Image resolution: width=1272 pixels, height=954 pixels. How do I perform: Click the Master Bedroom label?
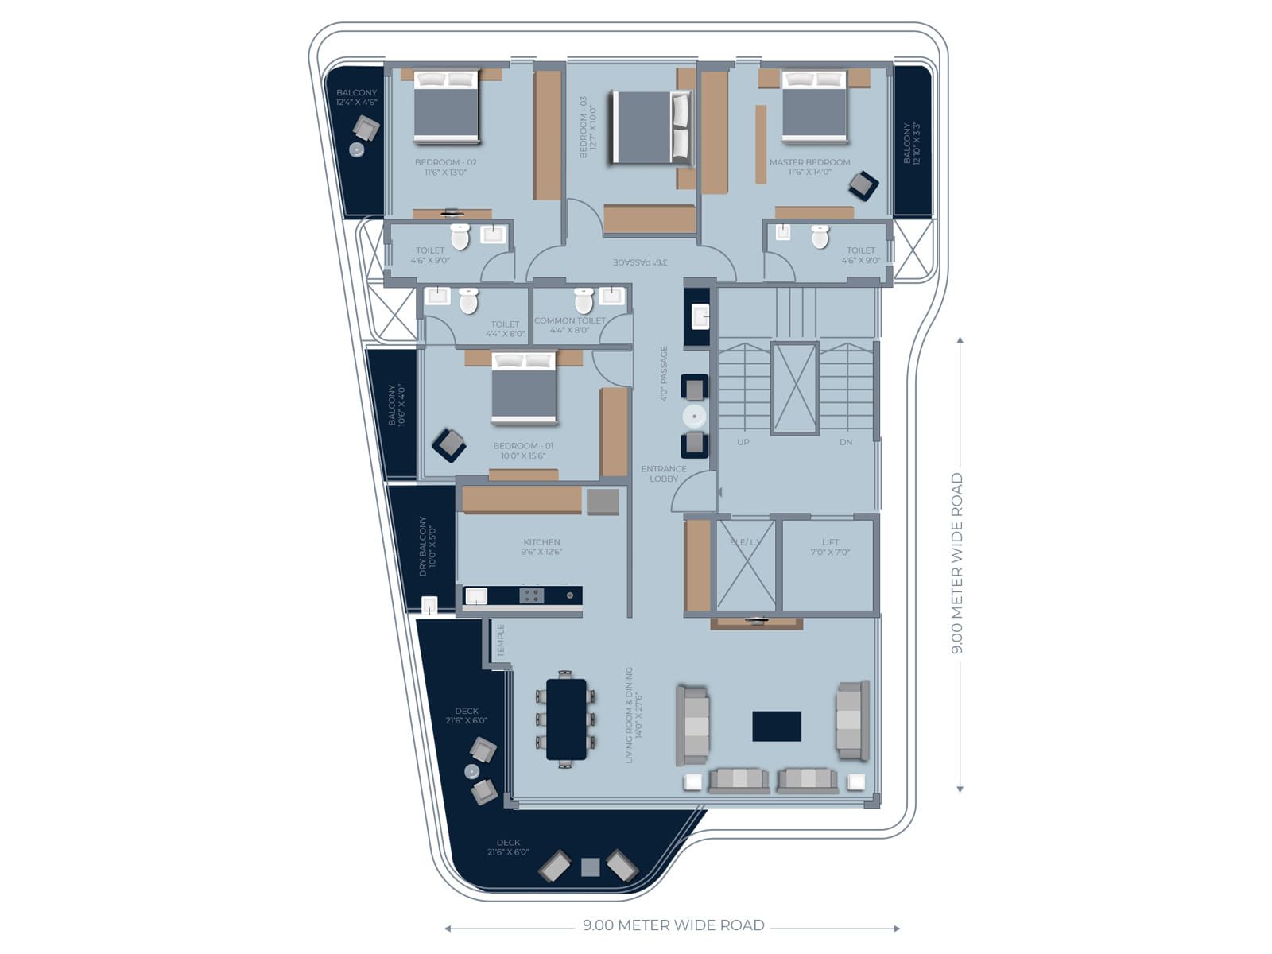coord(809,166)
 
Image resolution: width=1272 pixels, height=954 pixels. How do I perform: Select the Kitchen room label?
coord(541,546)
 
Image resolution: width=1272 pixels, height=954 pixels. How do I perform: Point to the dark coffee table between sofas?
coord(777,726)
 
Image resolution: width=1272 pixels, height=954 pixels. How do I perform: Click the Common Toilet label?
coord(569,324)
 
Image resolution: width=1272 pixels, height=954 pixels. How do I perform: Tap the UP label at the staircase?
coord(743,442)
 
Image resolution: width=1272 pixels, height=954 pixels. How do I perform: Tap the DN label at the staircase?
coord(845,442)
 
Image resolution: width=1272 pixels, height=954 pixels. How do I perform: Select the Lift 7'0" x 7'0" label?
coord(830,547)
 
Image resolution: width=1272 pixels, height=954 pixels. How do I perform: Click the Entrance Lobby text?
coord(663,474)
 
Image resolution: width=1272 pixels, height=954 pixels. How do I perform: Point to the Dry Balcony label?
coord(428,546)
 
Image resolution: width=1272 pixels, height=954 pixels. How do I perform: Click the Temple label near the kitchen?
coord(501,641)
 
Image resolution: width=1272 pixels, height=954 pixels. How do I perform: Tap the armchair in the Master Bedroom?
coord(863,186)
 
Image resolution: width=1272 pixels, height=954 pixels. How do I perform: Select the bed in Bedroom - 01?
coord(523,390)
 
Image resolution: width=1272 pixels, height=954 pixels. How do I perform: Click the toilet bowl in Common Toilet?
coord(584,301)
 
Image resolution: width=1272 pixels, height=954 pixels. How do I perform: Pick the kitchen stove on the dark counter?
coord(531,595)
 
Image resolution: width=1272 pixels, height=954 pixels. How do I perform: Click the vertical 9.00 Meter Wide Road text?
coord(957,563)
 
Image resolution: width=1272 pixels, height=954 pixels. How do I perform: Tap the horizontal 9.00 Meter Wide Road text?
coord(673,925)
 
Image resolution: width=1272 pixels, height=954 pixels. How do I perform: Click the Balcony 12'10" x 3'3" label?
coord(911,143)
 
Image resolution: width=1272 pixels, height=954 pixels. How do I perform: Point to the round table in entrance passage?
coord(694,417)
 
